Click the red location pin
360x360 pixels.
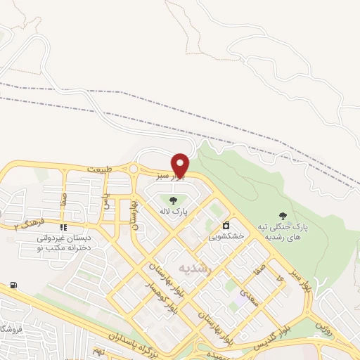click(x=181, y=165)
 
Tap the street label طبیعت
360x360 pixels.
click(x=99, y=169)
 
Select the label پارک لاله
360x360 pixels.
click(x=173, y=211)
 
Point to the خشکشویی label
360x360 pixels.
click(x=226, y=237)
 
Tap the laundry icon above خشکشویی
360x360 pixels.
click(x=226, y=226)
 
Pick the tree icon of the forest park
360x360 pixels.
click(x=283, y=216)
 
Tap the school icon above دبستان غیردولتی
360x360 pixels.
click(x=64, y=227)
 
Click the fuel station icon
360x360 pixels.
click(x=13, y=285)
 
